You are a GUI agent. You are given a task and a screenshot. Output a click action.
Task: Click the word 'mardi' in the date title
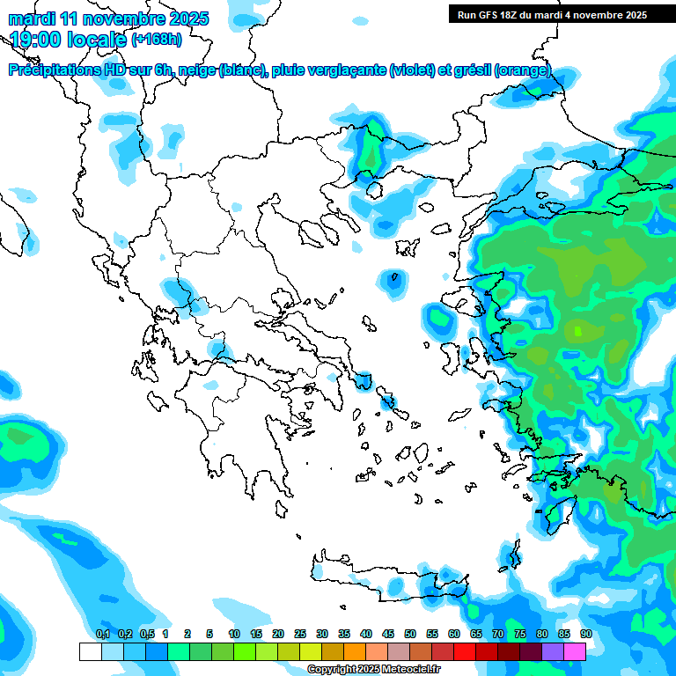coord(30,18)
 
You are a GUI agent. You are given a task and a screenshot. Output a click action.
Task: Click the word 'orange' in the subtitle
coord(525,70)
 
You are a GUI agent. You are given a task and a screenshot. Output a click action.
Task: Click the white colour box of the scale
coord(90,652)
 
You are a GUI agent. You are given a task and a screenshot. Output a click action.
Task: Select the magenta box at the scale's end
coord(574,652)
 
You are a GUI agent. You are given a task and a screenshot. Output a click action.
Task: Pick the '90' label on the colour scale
coord(585,634)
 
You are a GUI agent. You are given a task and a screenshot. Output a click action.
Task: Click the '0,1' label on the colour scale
coord(102,634)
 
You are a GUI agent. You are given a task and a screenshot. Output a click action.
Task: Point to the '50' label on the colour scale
coord(410,634)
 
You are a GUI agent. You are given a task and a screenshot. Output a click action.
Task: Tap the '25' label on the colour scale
coord(300,634)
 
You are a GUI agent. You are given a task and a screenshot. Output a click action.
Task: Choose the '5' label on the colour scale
coord(209,634)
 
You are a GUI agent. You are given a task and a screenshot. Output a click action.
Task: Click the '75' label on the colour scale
coord(520,634)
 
